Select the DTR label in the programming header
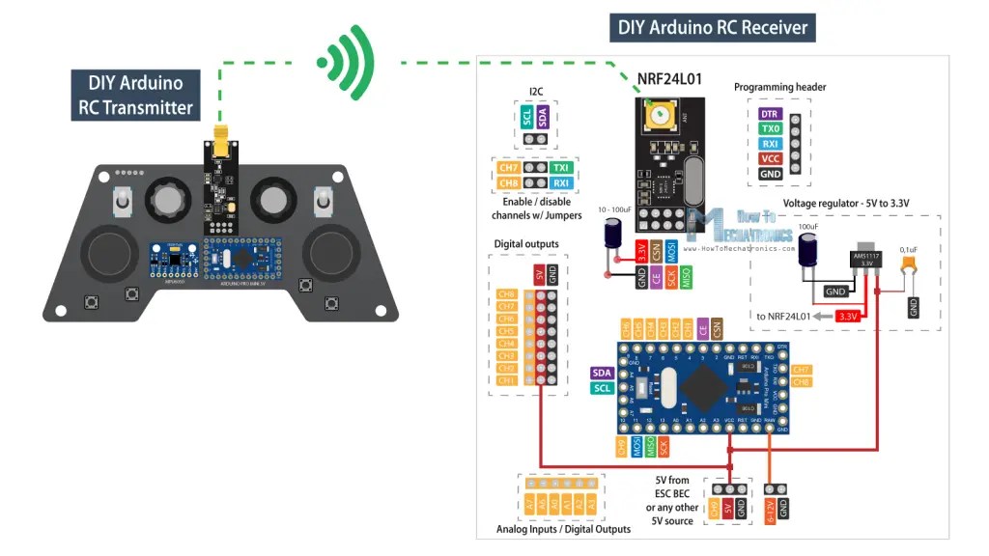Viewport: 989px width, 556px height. pos(770,114)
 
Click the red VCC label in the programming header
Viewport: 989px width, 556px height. pos(770,158)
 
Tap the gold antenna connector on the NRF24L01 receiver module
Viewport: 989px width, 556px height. pos(662,118)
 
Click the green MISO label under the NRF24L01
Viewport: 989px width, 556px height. pos(687,277)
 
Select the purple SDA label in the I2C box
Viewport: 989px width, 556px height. pos(543,117)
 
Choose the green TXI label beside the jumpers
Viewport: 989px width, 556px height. pos(561,168)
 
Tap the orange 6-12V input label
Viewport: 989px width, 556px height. pos(769,509)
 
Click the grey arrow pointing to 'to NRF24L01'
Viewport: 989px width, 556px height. pos(820,316)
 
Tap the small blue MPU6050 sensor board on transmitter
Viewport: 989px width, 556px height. pos(169,258)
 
